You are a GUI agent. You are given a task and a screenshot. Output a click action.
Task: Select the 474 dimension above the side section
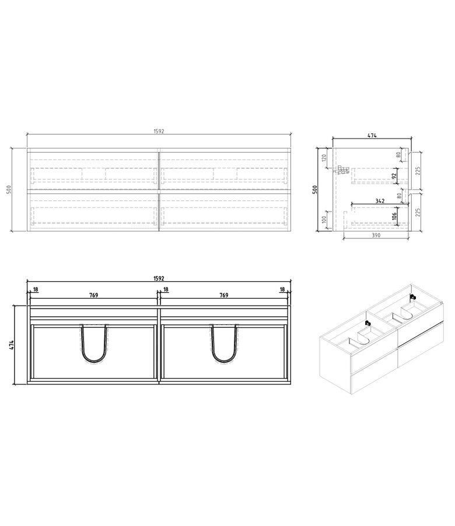pos(372,136)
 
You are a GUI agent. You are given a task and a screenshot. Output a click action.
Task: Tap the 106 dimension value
pos(394,216)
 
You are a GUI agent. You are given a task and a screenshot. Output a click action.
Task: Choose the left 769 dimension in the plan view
pos(93,296)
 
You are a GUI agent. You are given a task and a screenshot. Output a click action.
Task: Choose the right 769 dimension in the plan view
pos(223,296)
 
